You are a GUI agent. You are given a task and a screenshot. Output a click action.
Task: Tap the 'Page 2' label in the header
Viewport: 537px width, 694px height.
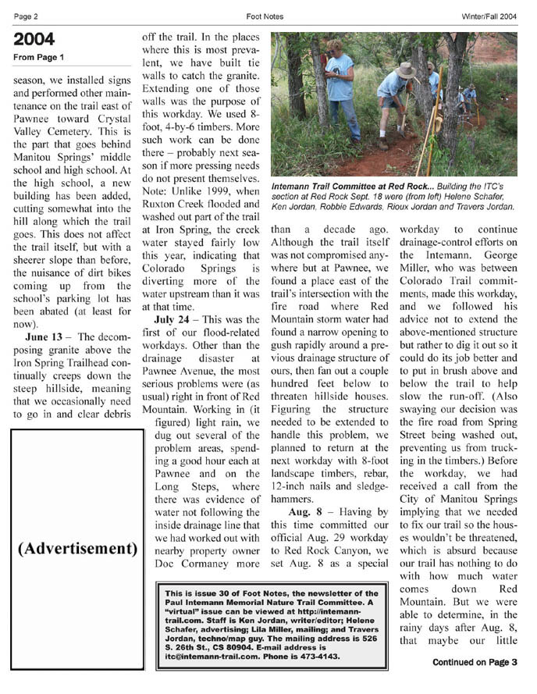pos(27,15)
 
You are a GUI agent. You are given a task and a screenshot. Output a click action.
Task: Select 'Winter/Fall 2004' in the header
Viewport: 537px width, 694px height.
pos(489,15)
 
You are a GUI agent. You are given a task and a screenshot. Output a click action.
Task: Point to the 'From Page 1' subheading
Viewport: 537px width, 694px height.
pos(38,58)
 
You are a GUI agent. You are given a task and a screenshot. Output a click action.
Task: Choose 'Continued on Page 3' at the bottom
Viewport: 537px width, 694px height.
pos(475,663)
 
